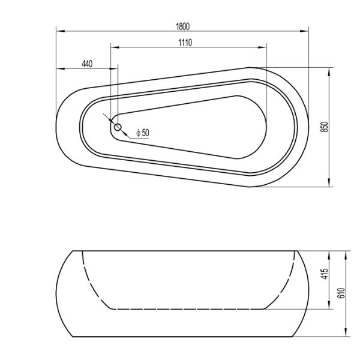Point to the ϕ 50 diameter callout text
[142, 133]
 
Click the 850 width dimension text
[325, 127]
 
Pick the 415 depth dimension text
[325, 275]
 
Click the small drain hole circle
[118, 127]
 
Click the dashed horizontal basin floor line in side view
[186, 309]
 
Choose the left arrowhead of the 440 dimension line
[59, 69]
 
